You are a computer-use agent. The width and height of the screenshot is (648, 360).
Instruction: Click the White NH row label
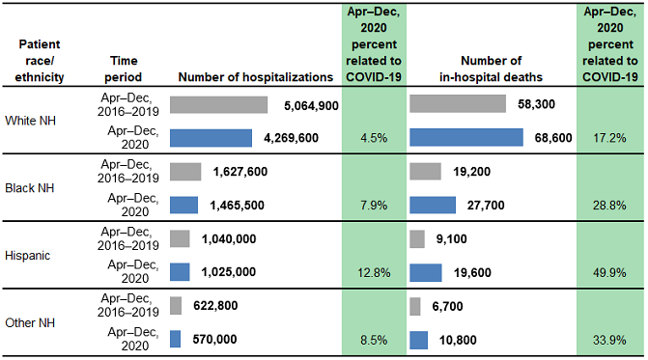pos(34,121)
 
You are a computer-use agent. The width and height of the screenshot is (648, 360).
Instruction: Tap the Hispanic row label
pos(32,256)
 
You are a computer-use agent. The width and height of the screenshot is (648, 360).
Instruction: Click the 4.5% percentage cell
pos(373,138)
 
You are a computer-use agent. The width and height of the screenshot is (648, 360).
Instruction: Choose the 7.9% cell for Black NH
pos(373,205)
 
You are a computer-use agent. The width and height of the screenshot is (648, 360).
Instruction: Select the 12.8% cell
pos(373,272)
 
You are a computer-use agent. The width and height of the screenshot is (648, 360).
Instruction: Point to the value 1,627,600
pos(235,172)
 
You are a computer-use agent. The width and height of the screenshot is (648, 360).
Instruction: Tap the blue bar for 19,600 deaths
pos(434,272)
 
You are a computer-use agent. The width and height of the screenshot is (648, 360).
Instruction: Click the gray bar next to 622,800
pos(176,306)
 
